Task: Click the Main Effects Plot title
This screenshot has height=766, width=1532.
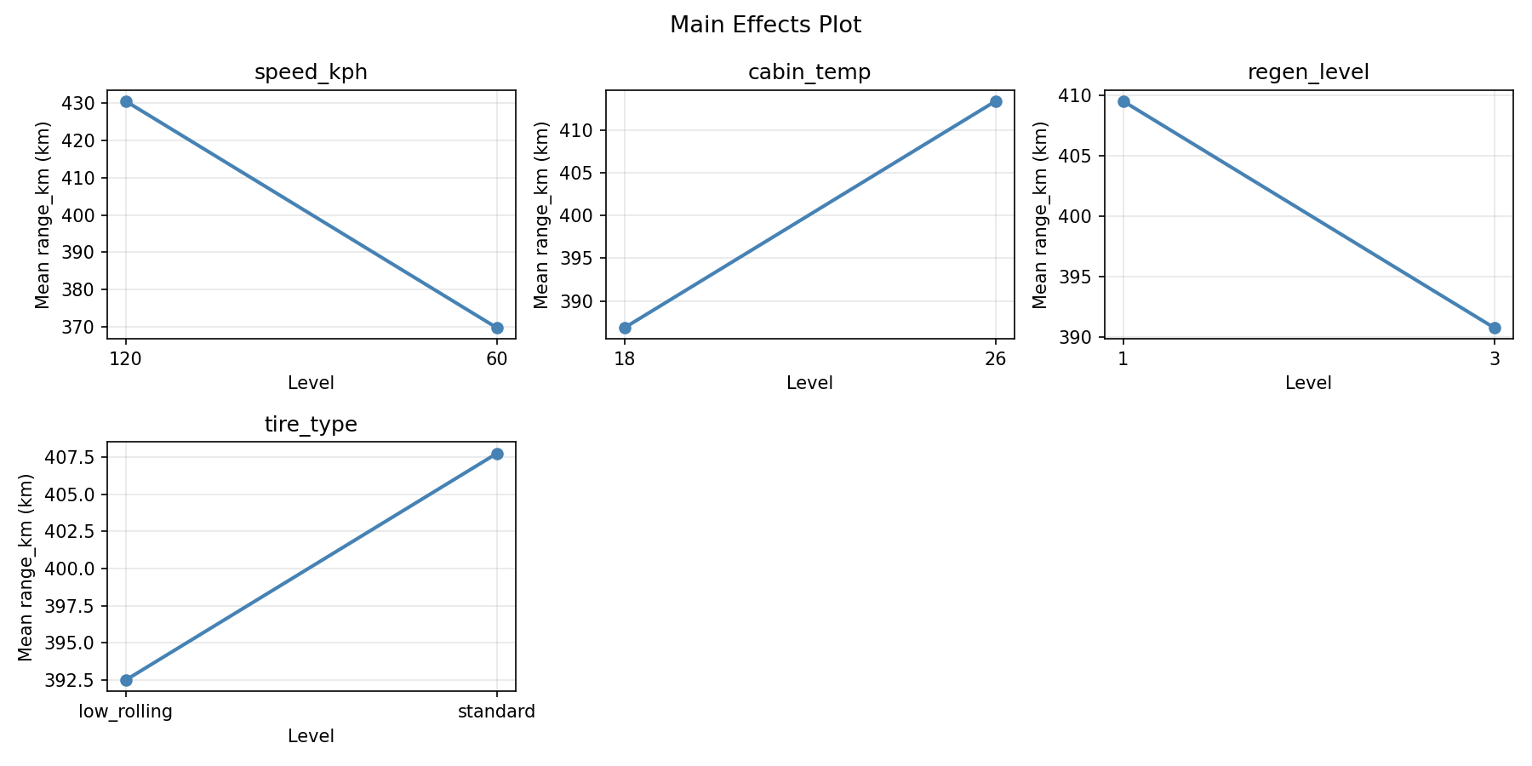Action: coord(765,26)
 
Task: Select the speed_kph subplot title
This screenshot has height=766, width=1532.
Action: coord(311,72)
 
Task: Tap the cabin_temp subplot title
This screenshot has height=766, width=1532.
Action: coord(809,72)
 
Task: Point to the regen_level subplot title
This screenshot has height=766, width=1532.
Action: coord(1308,72)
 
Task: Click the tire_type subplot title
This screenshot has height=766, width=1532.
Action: coord(311,425)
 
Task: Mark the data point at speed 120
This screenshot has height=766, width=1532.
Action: coord(126,101)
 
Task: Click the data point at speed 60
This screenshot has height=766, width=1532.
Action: coord(497,328)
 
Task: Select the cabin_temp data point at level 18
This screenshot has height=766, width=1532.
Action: coord(625,328)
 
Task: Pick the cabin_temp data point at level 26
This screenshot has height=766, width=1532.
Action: coord(996,101)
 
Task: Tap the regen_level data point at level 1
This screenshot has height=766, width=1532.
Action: coord(1123,101)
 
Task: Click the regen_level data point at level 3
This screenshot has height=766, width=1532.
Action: coord(1495,328)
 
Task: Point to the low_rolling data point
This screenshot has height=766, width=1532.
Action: coord(126,680)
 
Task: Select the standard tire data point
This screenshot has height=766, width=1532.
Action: coord(497,454)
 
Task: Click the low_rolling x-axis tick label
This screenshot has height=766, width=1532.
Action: coord(126,712)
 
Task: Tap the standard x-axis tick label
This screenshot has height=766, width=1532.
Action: coord(497,712)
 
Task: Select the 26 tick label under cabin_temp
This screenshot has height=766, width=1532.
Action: coord(996,359)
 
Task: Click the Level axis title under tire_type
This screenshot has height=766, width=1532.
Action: coord(311,736)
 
